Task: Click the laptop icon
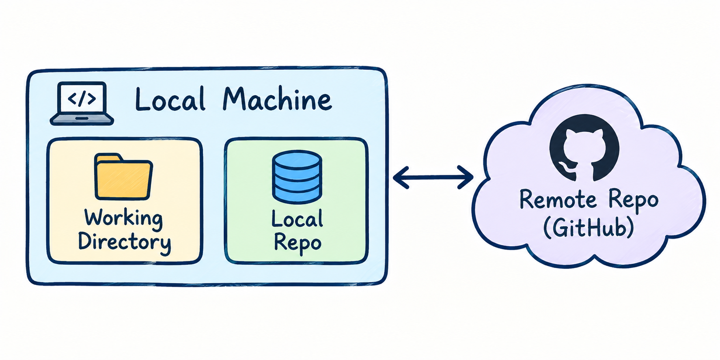click(82, 103)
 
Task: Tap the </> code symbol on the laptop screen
click(82, 99)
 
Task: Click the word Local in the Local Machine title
click(170, 99)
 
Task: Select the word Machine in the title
click(277, 99)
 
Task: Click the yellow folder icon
click(123, 177)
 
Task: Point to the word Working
click(124, 218)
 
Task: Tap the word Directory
click(124, 242)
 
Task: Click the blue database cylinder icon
click(297, 177)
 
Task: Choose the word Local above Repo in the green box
click(297, 219)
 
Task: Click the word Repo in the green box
click(297, 243)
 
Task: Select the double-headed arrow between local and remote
click(433, 177)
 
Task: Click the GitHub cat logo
click(584, 148)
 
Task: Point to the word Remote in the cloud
click(558, 200)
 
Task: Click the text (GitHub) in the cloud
click(589, 228)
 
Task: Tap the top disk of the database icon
click(297, 159)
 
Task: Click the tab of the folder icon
click(108, 157)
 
